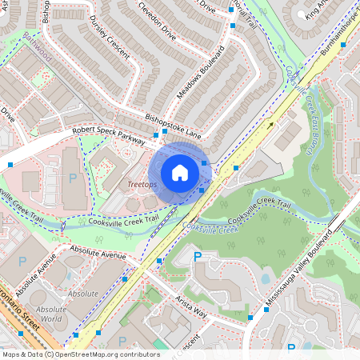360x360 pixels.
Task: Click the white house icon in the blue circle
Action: [180, 172]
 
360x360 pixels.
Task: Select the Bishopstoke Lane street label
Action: [174, 120]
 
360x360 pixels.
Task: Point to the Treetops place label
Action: [143, 185]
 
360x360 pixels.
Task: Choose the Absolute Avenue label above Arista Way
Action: [98, 254]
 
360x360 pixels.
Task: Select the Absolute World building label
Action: [51, 314]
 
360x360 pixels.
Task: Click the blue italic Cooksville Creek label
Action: [211, 229]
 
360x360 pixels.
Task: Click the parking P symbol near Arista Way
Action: [198, 257]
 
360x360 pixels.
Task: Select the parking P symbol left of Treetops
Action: [72, 178]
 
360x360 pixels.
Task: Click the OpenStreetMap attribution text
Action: [80, 354]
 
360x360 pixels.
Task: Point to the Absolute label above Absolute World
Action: [83, 294]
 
